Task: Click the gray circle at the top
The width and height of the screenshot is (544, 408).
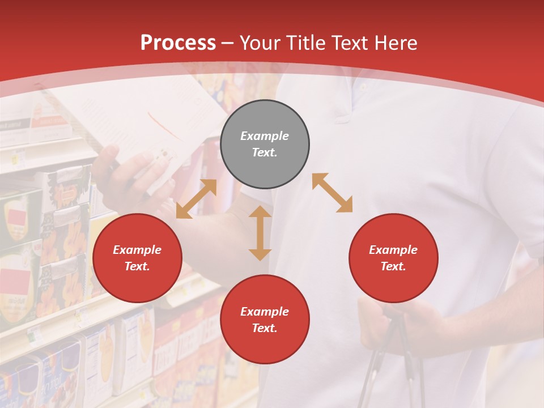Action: point(265,144)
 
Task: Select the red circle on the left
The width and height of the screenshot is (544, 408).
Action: point(137,258)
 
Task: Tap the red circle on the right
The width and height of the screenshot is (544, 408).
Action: point(393,258)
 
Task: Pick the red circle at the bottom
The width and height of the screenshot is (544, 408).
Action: point(265,320)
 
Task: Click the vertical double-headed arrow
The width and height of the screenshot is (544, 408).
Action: point(260,233)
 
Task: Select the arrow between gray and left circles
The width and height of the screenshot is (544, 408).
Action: point(196,199)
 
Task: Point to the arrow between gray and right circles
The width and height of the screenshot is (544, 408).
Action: point(332,193)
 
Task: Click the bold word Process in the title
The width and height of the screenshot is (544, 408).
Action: point(178,43)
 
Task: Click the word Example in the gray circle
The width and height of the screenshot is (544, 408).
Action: point(265,136)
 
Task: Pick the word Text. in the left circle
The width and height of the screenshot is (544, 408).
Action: point(137,266)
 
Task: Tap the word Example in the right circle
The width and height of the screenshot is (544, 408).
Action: point(393,250)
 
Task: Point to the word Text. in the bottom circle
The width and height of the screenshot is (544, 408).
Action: point(265,328)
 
